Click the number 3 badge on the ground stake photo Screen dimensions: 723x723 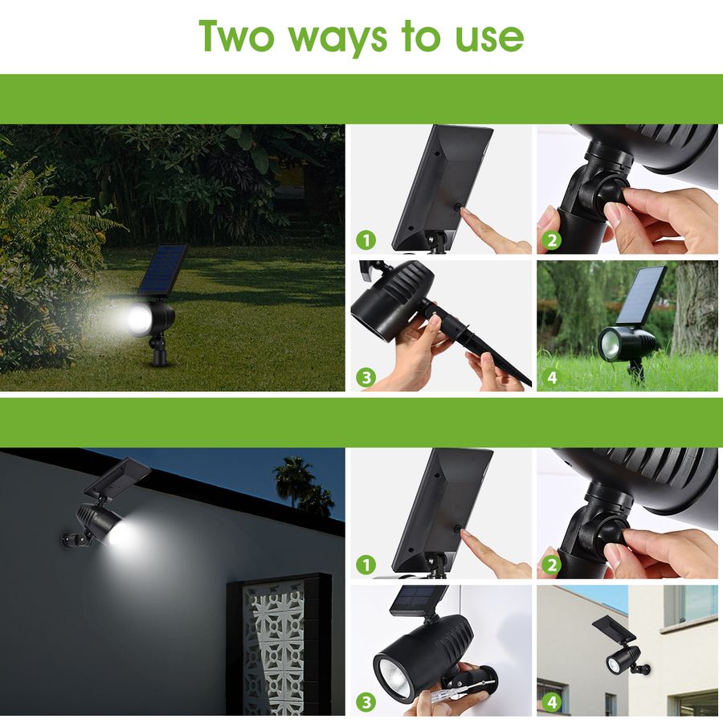tap(366, 377)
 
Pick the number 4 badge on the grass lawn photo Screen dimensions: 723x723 tap(553, 377)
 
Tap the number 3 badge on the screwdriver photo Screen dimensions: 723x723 tap(366, 701)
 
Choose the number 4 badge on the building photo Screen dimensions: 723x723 tap(553, 701)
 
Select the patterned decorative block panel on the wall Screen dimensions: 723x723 tap(277, 643)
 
